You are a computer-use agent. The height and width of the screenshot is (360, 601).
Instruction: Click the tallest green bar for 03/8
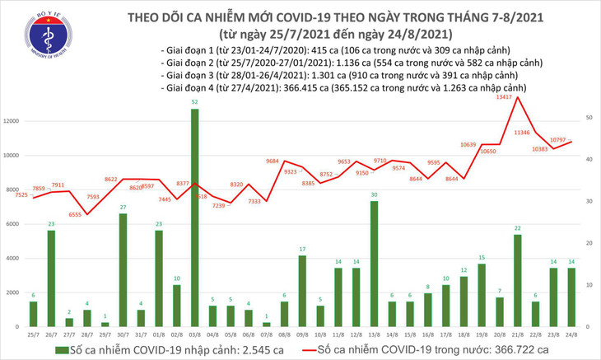(194, 217)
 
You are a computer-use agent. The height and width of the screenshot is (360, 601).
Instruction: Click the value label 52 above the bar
(194, 102)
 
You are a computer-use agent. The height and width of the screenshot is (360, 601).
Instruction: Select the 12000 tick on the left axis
(12, 121)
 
